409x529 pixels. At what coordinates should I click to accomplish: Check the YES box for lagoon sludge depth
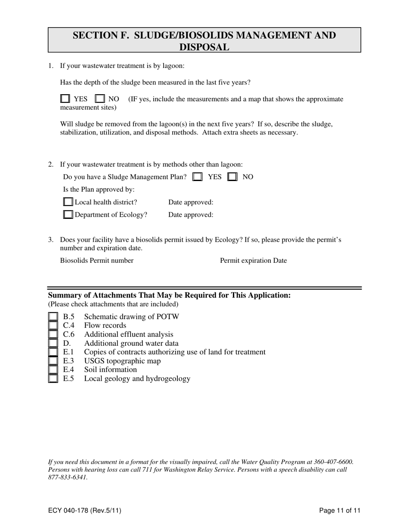coord(65,99)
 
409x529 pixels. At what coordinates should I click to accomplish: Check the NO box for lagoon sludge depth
coord(99,99)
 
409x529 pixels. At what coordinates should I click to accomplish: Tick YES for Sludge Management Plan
coord(198,177)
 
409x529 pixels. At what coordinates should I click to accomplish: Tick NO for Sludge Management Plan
coord(232,177)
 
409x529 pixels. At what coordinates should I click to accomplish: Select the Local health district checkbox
coord(68,202)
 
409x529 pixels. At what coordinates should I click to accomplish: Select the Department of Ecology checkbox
coord(68,215)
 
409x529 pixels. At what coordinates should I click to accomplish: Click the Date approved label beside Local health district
coord(191,202)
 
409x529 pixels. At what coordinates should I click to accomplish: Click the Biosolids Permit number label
coord(97,261)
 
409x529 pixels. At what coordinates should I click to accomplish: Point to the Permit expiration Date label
coord(253,261)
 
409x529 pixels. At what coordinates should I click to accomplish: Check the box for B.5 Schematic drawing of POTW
coord(53,317)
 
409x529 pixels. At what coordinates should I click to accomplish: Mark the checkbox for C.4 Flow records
coord(53,326)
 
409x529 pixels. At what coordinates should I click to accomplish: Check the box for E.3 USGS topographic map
coord(53,361)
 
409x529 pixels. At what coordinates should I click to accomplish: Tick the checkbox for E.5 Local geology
coord(53,379)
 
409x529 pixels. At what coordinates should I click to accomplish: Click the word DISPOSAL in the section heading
coord(204,47)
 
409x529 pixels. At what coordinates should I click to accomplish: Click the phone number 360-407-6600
coord(330,462)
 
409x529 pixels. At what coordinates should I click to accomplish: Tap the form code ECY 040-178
coord(84,511)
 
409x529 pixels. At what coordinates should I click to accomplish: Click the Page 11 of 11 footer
coord(340,511)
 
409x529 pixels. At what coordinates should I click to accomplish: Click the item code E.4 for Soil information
coord(68,370)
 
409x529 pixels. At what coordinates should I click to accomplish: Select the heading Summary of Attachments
coord(169,295)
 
